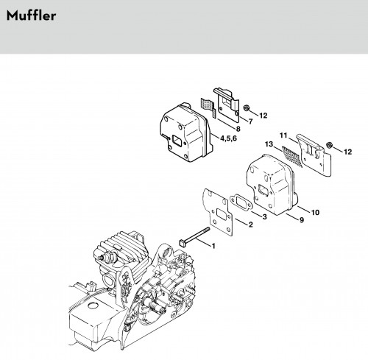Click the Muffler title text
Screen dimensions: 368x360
coord(31,15)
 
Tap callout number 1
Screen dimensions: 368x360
coord(213,246)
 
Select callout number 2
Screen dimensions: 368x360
coord(250,225)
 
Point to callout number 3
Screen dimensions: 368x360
coord(264,216)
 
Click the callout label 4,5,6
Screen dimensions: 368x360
coord(229,138)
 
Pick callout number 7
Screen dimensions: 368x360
coord(250,121)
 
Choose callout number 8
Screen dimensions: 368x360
coord(238,129)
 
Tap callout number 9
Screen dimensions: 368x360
coord(302,220)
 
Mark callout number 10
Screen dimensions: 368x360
coord(315,212)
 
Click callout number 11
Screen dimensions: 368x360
coord(283,135)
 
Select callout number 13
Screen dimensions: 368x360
coord(269,144)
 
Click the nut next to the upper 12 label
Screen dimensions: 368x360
coord(246,107)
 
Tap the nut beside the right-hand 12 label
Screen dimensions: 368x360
coord(329,145)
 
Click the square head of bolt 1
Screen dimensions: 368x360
coord(183,243)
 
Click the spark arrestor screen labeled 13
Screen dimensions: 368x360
coord(292,156)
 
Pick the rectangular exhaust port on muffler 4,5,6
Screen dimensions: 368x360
coord(177,141)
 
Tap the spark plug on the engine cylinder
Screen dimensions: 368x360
coord(107,258)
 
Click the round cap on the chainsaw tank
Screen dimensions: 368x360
coord(93,306)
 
